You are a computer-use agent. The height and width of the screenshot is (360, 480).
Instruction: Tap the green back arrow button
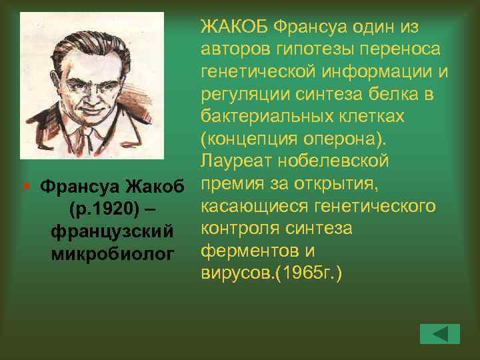point(440,333)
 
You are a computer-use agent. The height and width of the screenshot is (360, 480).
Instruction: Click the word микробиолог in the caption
point(112,253)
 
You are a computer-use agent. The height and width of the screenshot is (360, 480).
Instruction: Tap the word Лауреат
point(234,161)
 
